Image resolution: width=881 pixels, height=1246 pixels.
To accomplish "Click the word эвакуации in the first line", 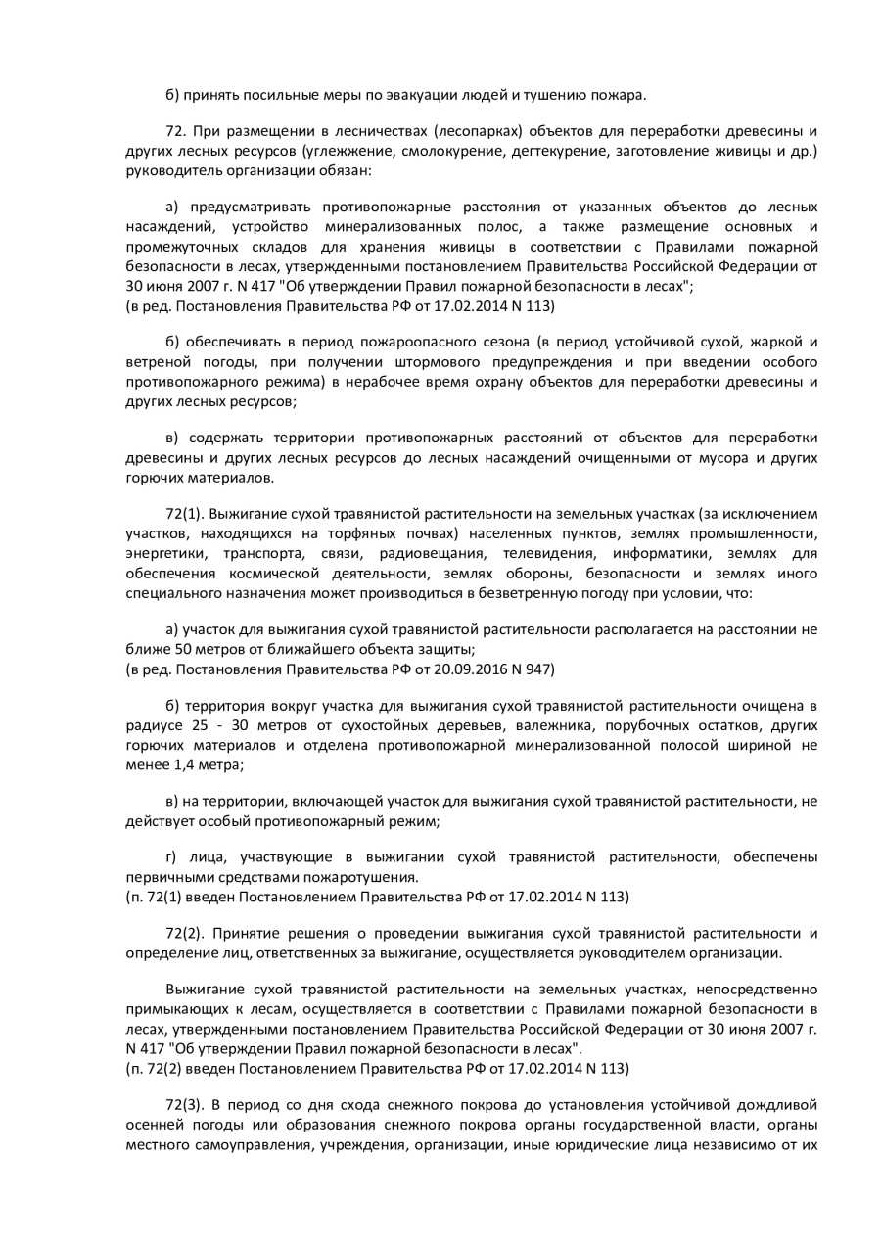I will pyautogui.click(x=384, y=95).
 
